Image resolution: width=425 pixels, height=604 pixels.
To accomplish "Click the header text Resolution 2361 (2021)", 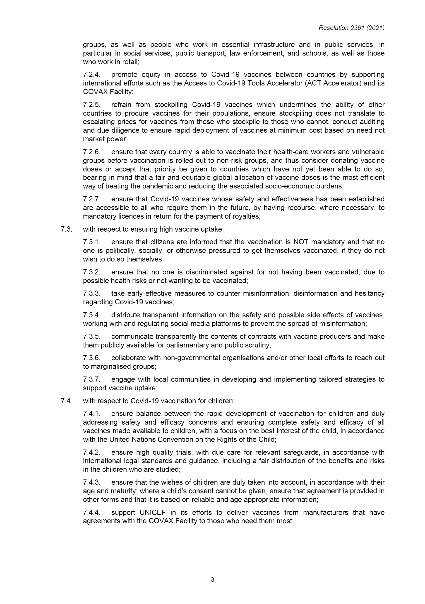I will click(x=351, y=28).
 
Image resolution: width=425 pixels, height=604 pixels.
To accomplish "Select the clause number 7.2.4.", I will click(x=92, y=74).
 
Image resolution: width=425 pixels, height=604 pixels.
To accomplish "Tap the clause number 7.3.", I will click(x=66, y=229).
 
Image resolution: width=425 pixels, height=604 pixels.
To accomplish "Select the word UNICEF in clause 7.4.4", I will click(x=153, y=512).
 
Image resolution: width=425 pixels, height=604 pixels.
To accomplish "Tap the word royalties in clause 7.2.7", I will click(x=247, y=216).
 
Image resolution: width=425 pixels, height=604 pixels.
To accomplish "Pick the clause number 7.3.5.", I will click(x=92, y=336).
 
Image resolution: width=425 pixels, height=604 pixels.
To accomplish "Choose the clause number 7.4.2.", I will click(x=92, y=452).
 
